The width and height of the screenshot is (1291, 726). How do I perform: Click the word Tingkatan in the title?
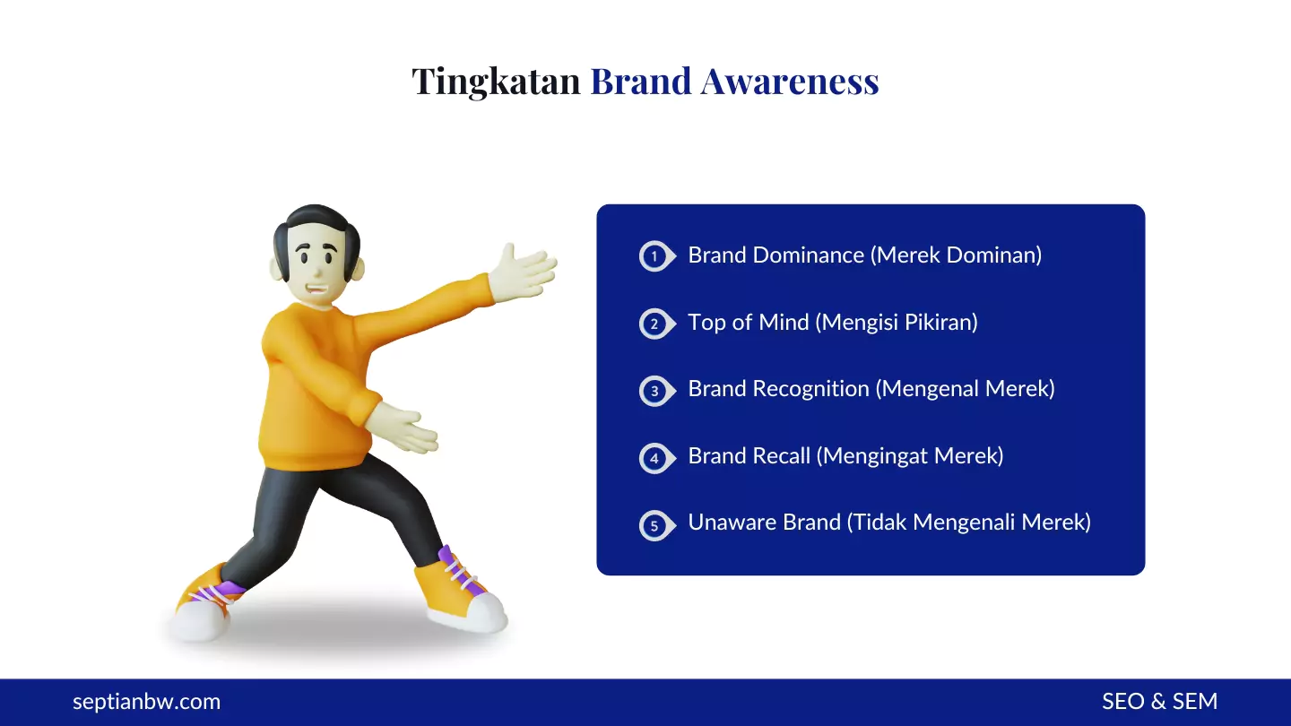click(496, 82)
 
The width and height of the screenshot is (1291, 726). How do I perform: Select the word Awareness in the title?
click(789, 82)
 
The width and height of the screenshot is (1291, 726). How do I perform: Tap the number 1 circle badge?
click(654, 256)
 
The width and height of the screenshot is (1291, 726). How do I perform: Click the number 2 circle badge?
click(654, 324)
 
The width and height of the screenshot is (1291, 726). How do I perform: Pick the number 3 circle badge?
click(654, 391)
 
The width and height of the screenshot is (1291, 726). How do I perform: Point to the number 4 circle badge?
click(654, 458)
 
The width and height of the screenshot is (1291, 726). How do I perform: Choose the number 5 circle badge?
click(654, 525)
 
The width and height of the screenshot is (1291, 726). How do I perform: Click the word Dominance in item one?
click(808, 255)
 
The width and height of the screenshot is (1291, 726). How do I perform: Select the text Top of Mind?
click(748, 323)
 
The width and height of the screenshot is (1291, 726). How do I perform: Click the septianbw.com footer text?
click(146, 702)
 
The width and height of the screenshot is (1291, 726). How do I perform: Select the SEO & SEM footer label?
click(1159, 702)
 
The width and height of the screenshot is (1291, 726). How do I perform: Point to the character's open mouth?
click(315, 290)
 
